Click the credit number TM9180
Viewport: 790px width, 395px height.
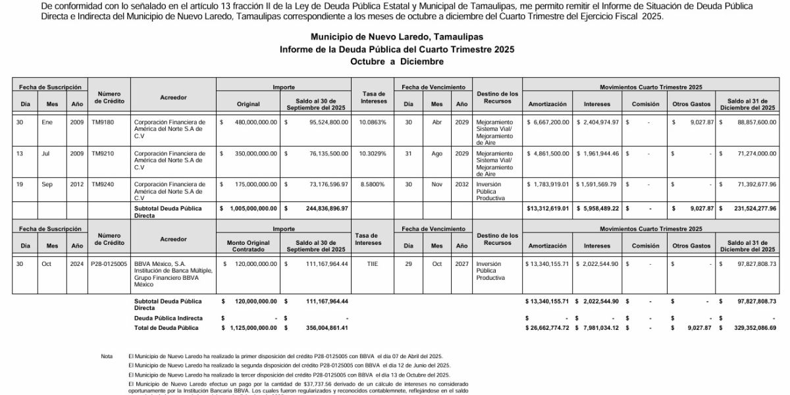pos(103,122)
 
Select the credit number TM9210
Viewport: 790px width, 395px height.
pos(103,154)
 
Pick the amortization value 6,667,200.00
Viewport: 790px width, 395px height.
pos(548,122)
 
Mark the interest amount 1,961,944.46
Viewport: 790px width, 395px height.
pos(597,154)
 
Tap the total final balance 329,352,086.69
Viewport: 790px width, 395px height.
pos(749,327)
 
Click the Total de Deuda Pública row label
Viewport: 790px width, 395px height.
pos(166,327)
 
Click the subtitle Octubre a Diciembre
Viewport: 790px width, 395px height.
pos(396,61)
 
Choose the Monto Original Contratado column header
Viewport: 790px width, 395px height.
pos(249,246)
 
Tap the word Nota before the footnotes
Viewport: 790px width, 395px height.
pos(107,356)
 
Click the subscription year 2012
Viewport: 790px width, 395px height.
pos(77,185)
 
